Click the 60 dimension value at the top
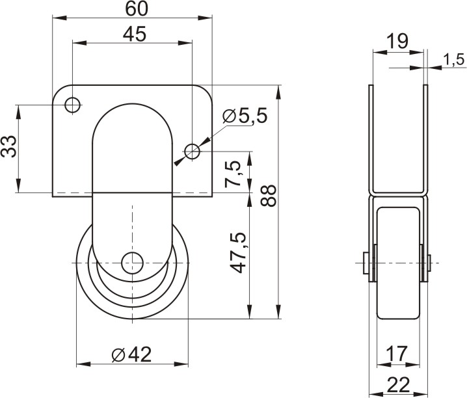(x=137, y=9)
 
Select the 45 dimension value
(x=135, y=34)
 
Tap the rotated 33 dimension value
(x=8, y=146)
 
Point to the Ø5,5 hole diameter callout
(x=245, y=116)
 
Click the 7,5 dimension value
(x=233, y=174)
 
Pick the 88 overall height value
(x=268, y=196)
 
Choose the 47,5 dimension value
(x=239, y=253)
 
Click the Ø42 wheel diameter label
(x=131, y=354)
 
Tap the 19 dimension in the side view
(x=397, y=41)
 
